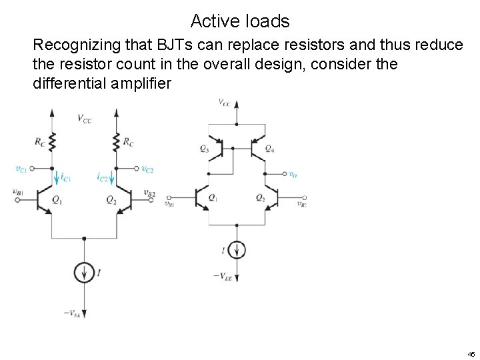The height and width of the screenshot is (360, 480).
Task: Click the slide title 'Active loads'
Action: (239, 21)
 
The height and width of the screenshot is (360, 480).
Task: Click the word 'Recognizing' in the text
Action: (73, 45)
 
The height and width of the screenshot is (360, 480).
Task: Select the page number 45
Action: (471, 354)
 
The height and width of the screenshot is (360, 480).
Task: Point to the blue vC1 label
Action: (21, 169)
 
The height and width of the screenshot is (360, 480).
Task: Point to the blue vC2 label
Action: (147, 169)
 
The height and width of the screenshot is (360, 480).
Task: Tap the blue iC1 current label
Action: (65, 178)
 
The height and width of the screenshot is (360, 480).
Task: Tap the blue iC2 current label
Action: (102, 178)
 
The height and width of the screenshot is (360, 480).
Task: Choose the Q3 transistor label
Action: (203, 149)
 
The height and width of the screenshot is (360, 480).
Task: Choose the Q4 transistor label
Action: (269, 149)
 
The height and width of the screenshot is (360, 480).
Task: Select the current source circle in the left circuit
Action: (84, 273)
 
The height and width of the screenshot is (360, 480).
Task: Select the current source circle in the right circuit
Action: (237, 250)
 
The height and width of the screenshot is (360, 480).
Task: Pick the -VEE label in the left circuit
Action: (73, 313)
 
